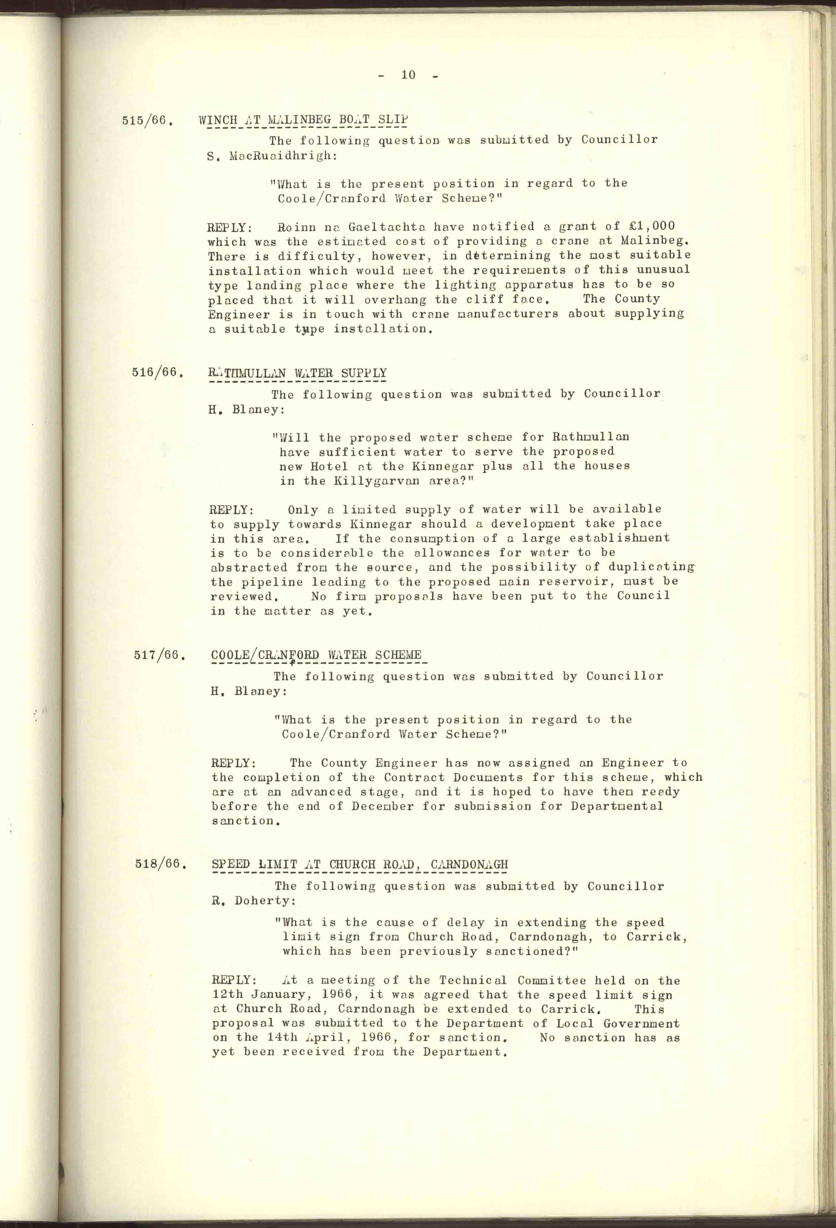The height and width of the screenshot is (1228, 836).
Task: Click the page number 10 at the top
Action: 408,75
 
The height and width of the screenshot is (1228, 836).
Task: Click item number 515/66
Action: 148,121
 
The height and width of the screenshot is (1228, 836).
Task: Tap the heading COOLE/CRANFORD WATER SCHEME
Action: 316,655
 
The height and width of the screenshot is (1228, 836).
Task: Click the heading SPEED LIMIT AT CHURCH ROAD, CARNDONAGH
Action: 360,864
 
